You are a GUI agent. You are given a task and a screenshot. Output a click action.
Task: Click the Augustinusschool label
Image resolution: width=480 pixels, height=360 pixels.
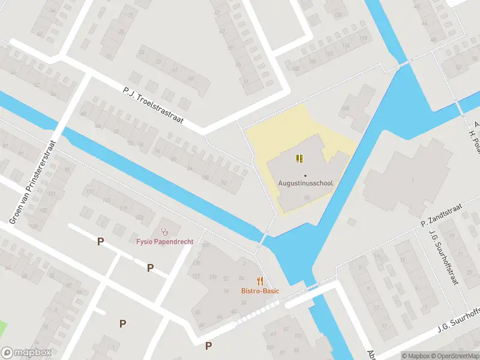point(305,183)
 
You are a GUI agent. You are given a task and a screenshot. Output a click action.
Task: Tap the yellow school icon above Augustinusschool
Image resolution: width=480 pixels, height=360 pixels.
point(299,158)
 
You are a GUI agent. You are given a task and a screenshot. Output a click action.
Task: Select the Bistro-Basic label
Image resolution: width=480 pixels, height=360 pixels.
point(260,291)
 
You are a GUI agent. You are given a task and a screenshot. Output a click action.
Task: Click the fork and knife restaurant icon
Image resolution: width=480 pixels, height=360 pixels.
point(260,280)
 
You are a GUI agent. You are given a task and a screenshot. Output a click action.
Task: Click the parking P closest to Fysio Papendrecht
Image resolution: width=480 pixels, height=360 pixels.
point(150,268)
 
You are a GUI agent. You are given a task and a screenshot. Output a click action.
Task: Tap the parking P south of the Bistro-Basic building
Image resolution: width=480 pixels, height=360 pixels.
point(208,346)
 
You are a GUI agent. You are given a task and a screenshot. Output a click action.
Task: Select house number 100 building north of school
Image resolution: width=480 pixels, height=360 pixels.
point(345,109)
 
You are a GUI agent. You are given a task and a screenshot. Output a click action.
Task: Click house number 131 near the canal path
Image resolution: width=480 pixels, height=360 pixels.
point(206,246)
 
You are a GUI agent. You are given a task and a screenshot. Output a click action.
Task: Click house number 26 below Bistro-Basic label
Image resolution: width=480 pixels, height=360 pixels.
point(244,302)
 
